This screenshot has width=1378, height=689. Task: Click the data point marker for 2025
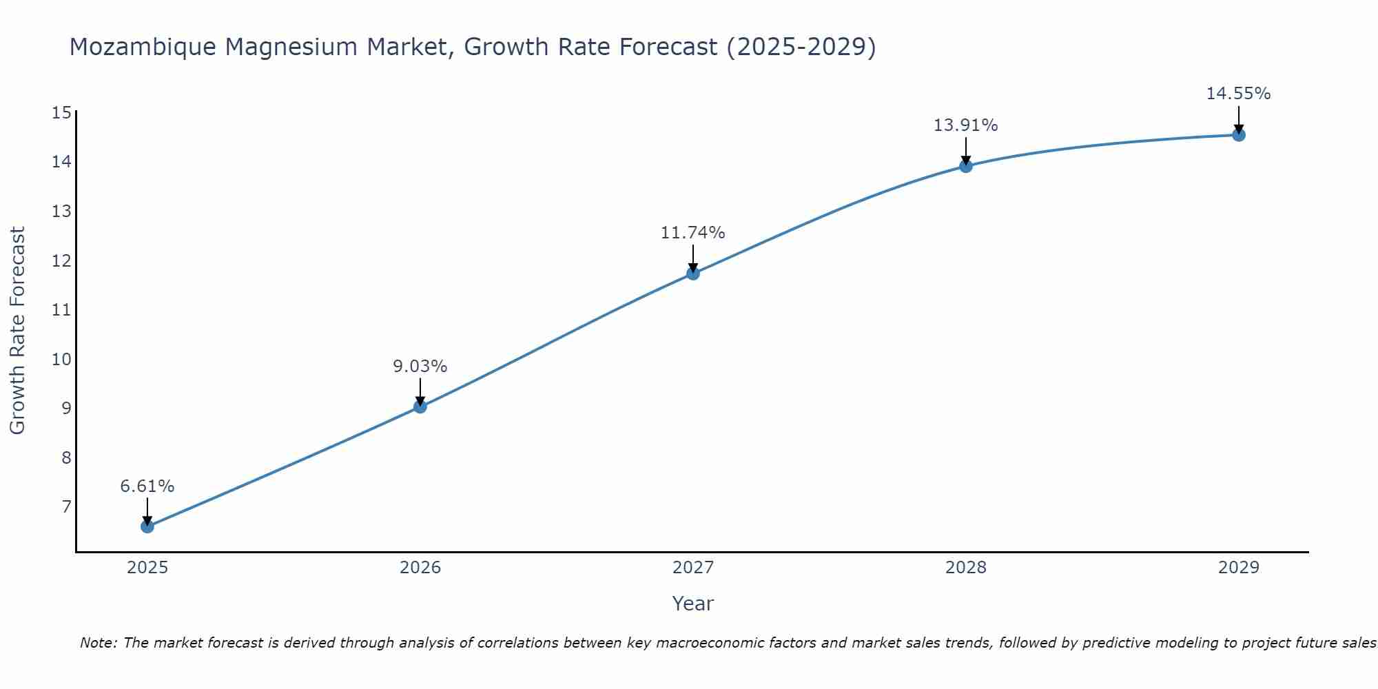click(x=147, y=526)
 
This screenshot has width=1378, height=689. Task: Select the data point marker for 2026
click(x=420, y=407)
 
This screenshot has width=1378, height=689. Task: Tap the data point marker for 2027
click(x=693, y=274)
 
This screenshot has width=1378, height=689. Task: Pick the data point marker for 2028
click(x=966, y=166)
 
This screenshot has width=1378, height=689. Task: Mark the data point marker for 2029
click(x=1239, y=135)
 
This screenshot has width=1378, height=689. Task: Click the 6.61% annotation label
click(x=147, y=486)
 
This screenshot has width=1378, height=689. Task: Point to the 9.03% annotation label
click(x=420, y=367)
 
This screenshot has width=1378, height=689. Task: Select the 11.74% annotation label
click(x=693, y=233)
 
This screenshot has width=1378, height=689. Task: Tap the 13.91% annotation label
click(x=966, y=125)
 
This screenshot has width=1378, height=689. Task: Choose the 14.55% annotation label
click(x=1239, y=94)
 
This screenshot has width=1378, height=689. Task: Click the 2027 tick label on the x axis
click(x=693, y=568)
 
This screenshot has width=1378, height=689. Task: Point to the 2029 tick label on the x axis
click(x=1239, y=568)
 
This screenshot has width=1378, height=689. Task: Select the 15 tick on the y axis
click(x=61, y=112)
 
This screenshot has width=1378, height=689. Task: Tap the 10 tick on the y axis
click(x=61, y=359)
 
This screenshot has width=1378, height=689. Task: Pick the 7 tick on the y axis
click(x=66, y=507)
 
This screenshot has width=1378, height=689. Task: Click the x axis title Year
click(x=693, y=604)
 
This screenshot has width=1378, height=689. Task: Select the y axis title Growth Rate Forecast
click(x=18, y=331)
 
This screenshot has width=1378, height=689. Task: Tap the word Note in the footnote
click(x=99, y=643)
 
